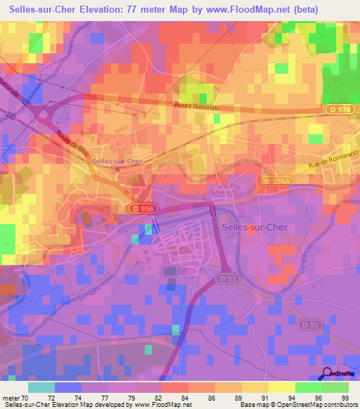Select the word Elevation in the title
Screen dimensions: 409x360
click(120, 9)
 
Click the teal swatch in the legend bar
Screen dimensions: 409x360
click(41, 387)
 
